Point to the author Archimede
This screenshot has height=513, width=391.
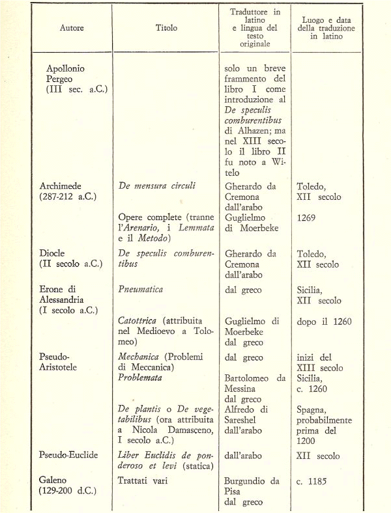(x=64, y=186)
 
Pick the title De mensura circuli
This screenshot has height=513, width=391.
(x=156, y=186)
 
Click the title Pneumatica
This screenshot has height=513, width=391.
(x=141, y=288)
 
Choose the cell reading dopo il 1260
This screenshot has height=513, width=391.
(x=323, y=321)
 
